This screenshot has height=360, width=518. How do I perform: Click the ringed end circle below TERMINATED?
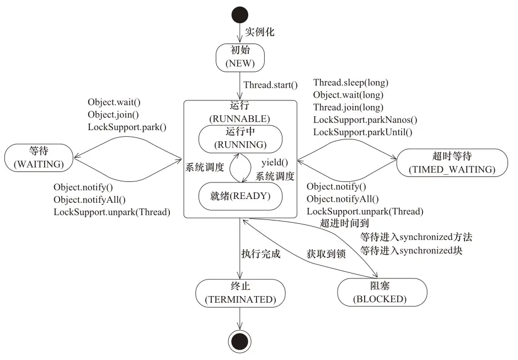click(x=239, y=342)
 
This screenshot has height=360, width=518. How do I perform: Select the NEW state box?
click(x=239, y=56)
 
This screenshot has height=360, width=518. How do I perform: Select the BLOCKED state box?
click(x=382, y=292)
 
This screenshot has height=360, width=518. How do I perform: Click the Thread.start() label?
click(x=270, y=85)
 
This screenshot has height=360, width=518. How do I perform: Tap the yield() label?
click(x=275, y=162)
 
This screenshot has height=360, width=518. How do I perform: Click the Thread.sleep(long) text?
click(x=351, y=83)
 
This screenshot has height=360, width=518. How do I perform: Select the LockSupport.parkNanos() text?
click(x=365, y=120)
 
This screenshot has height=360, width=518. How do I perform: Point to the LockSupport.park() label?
click(x=127, y=127)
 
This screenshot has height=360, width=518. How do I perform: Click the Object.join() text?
click(x=113, y=115)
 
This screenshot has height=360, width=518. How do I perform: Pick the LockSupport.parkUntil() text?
click(x=362, y=132)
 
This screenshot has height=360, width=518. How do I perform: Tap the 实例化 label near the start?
click(x=260, y=32)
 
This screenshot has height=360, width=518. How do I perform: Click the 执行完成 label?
click(x=261, y=254)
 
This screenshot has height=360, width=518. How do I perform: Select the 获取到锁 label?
click(x=326, y=254)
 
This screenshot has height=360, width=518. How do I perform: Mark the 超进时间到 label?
click(x=344, y=223)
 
